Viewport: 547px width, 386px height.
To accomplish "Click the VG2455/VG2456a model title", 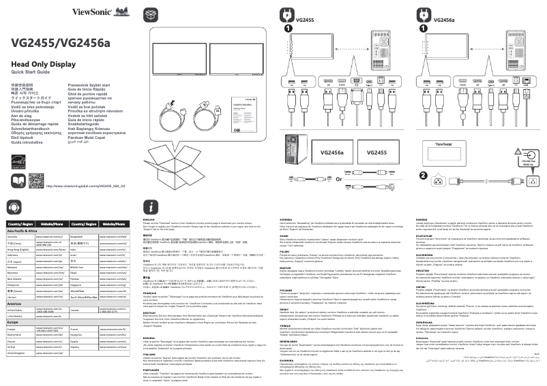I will click(61, 44).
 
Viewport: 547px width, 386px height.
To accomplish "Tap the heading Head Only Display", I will click(43, 64).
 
